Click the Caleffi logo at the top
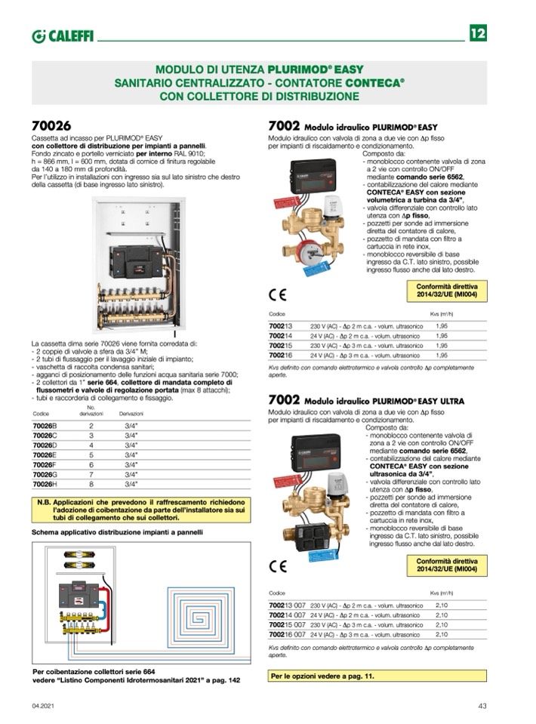(x=63, y=35)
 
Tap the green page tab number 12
(x=478, y=34)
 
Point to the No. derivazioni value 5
(x=91, y=455)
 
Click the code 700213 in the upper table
(x=280, y=324)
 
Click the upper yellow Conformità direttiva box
(x=451, y=291)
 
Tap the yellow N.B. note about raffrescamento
(x=141, y=510)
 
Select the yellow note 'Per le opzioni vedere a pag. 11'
(x=323, y=676)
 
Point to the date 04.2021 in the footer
(x=43, y=706)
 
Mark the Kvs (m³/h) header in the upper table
(x=440, y=313)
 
